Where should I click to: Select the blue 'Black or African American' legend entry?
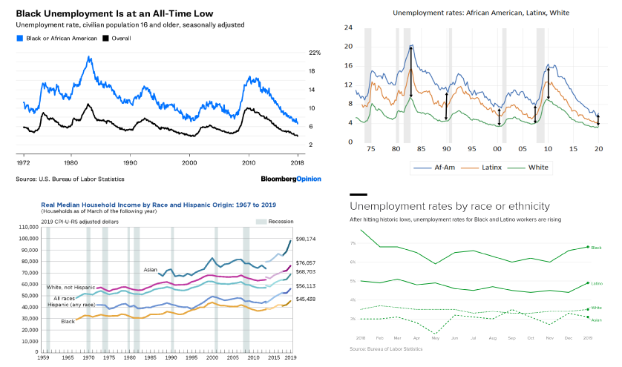tap(54, 37)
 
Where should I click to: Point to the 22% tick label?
tap(315, 53)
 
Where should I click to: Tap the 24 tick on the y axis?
tap(347, 27)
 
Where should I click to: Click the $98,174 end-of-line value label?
tap(306, 239)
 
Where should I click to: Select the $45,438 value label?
tap(306, 299)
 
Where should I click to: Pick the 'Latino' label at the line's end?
tap(596, 283)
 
